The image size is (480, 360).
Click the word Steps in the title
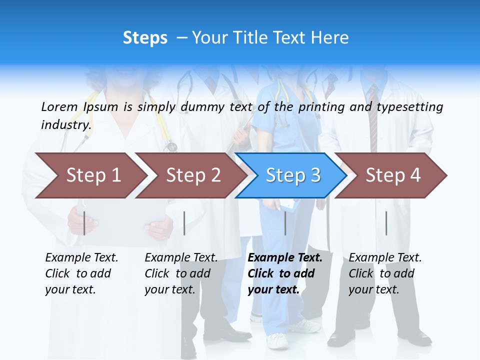[145, 38]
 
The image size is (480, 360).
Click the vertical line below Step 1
[84, 223]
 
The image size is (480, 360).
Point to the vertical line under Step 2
[184, 223]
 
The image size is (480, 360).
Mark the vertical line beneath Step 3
[285, 223]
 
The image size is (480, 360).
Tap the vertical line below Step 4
[386, 223]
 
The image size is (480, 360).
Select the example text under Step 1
[80, 273]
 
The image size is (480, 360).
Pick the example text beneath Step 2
[180, 273]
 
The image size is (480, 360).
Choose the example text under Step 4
[384, 273]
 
